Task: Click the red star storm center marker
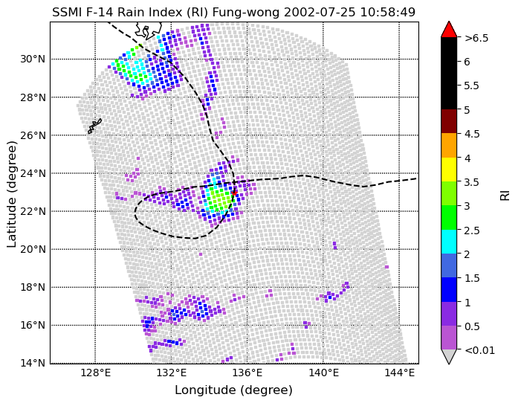coord(234,193)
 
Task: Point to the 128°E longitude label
coord(95,373)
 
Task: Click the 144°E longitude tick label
coord(399,373)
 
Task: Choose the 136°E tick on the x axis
coord(247,373)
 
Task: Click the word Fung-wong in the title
coord(246,12)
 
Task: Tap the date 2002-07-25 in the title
coord(320,12)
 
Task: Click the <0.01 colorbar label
coord(479,350)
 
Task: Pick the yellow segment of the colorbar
coord(449,170)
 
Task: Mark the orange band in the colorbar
coord(449,146)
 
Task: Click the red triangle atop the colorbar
coord(449,30)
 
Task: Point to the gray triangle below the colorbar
coord(449,355)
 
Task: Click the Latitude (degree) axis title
coord(11,194)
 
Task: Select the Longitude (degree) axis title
coord(234,390)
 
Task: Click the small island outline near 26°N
coord(94,126)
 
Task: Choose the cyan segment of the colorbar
coord(449,242)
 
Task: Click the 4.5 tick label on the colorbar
coord(472,134)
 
